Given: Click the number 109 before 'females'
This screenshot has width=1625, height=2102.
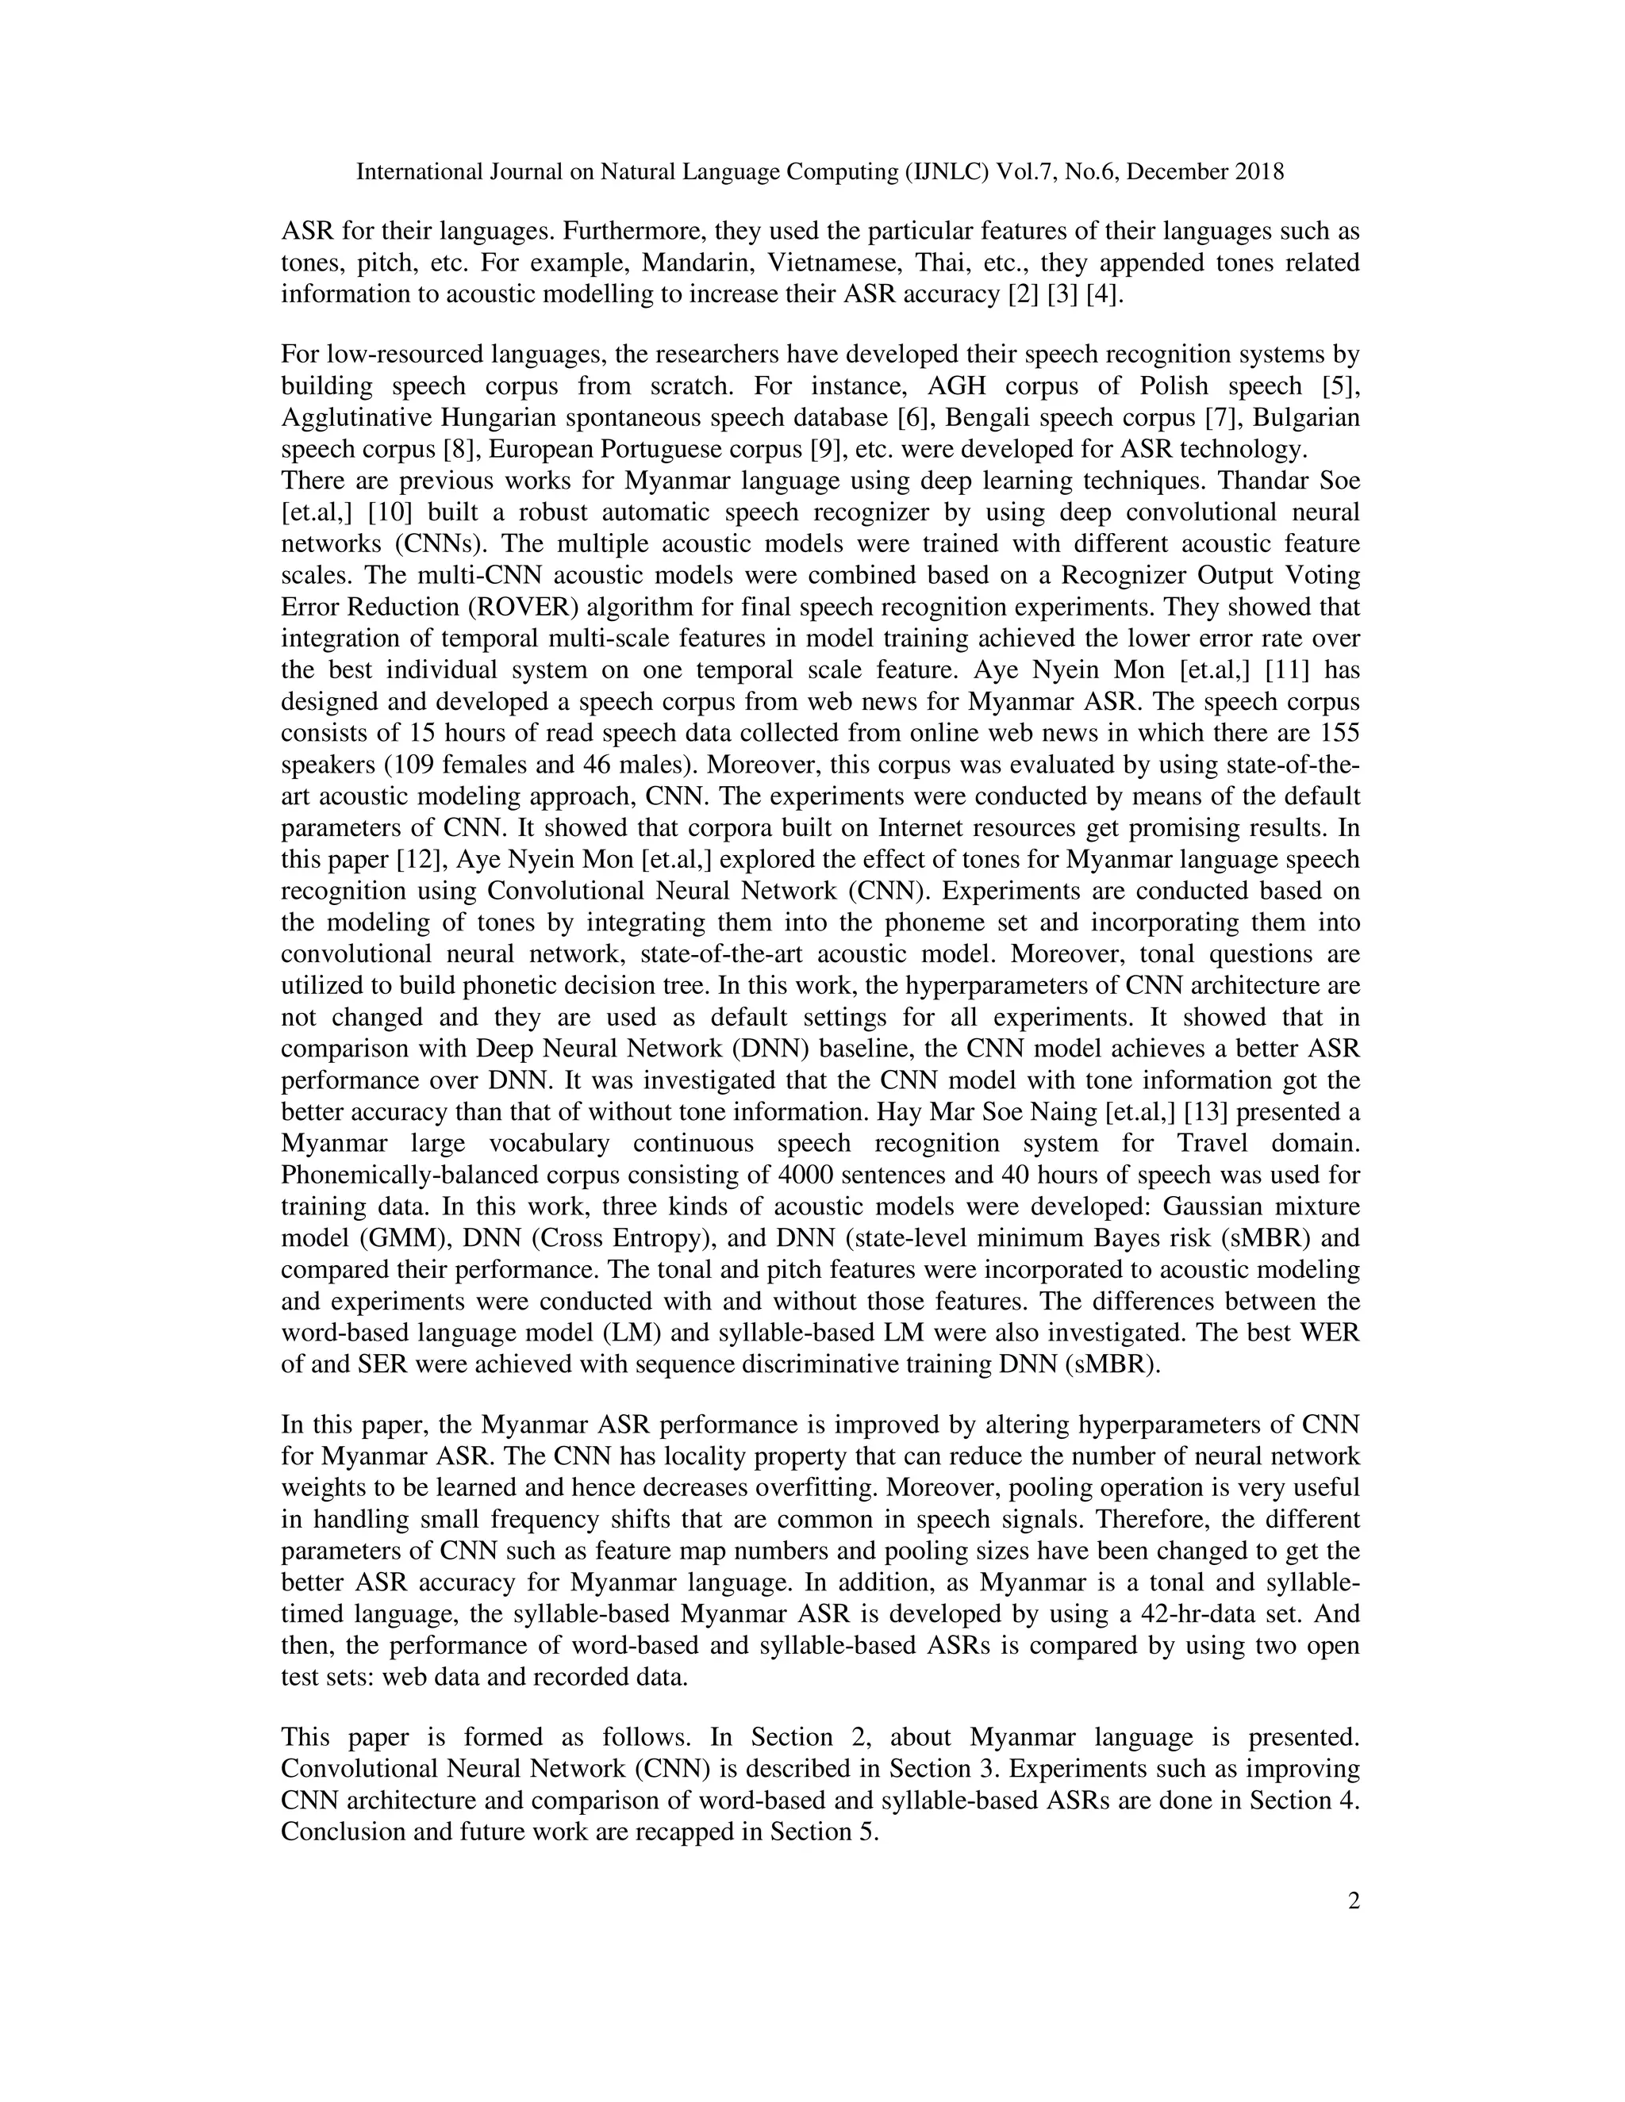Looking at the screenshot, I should [415, 765].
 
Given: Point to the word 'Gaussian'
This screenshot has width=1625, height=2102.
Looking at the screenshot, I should [1211, 1207].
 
